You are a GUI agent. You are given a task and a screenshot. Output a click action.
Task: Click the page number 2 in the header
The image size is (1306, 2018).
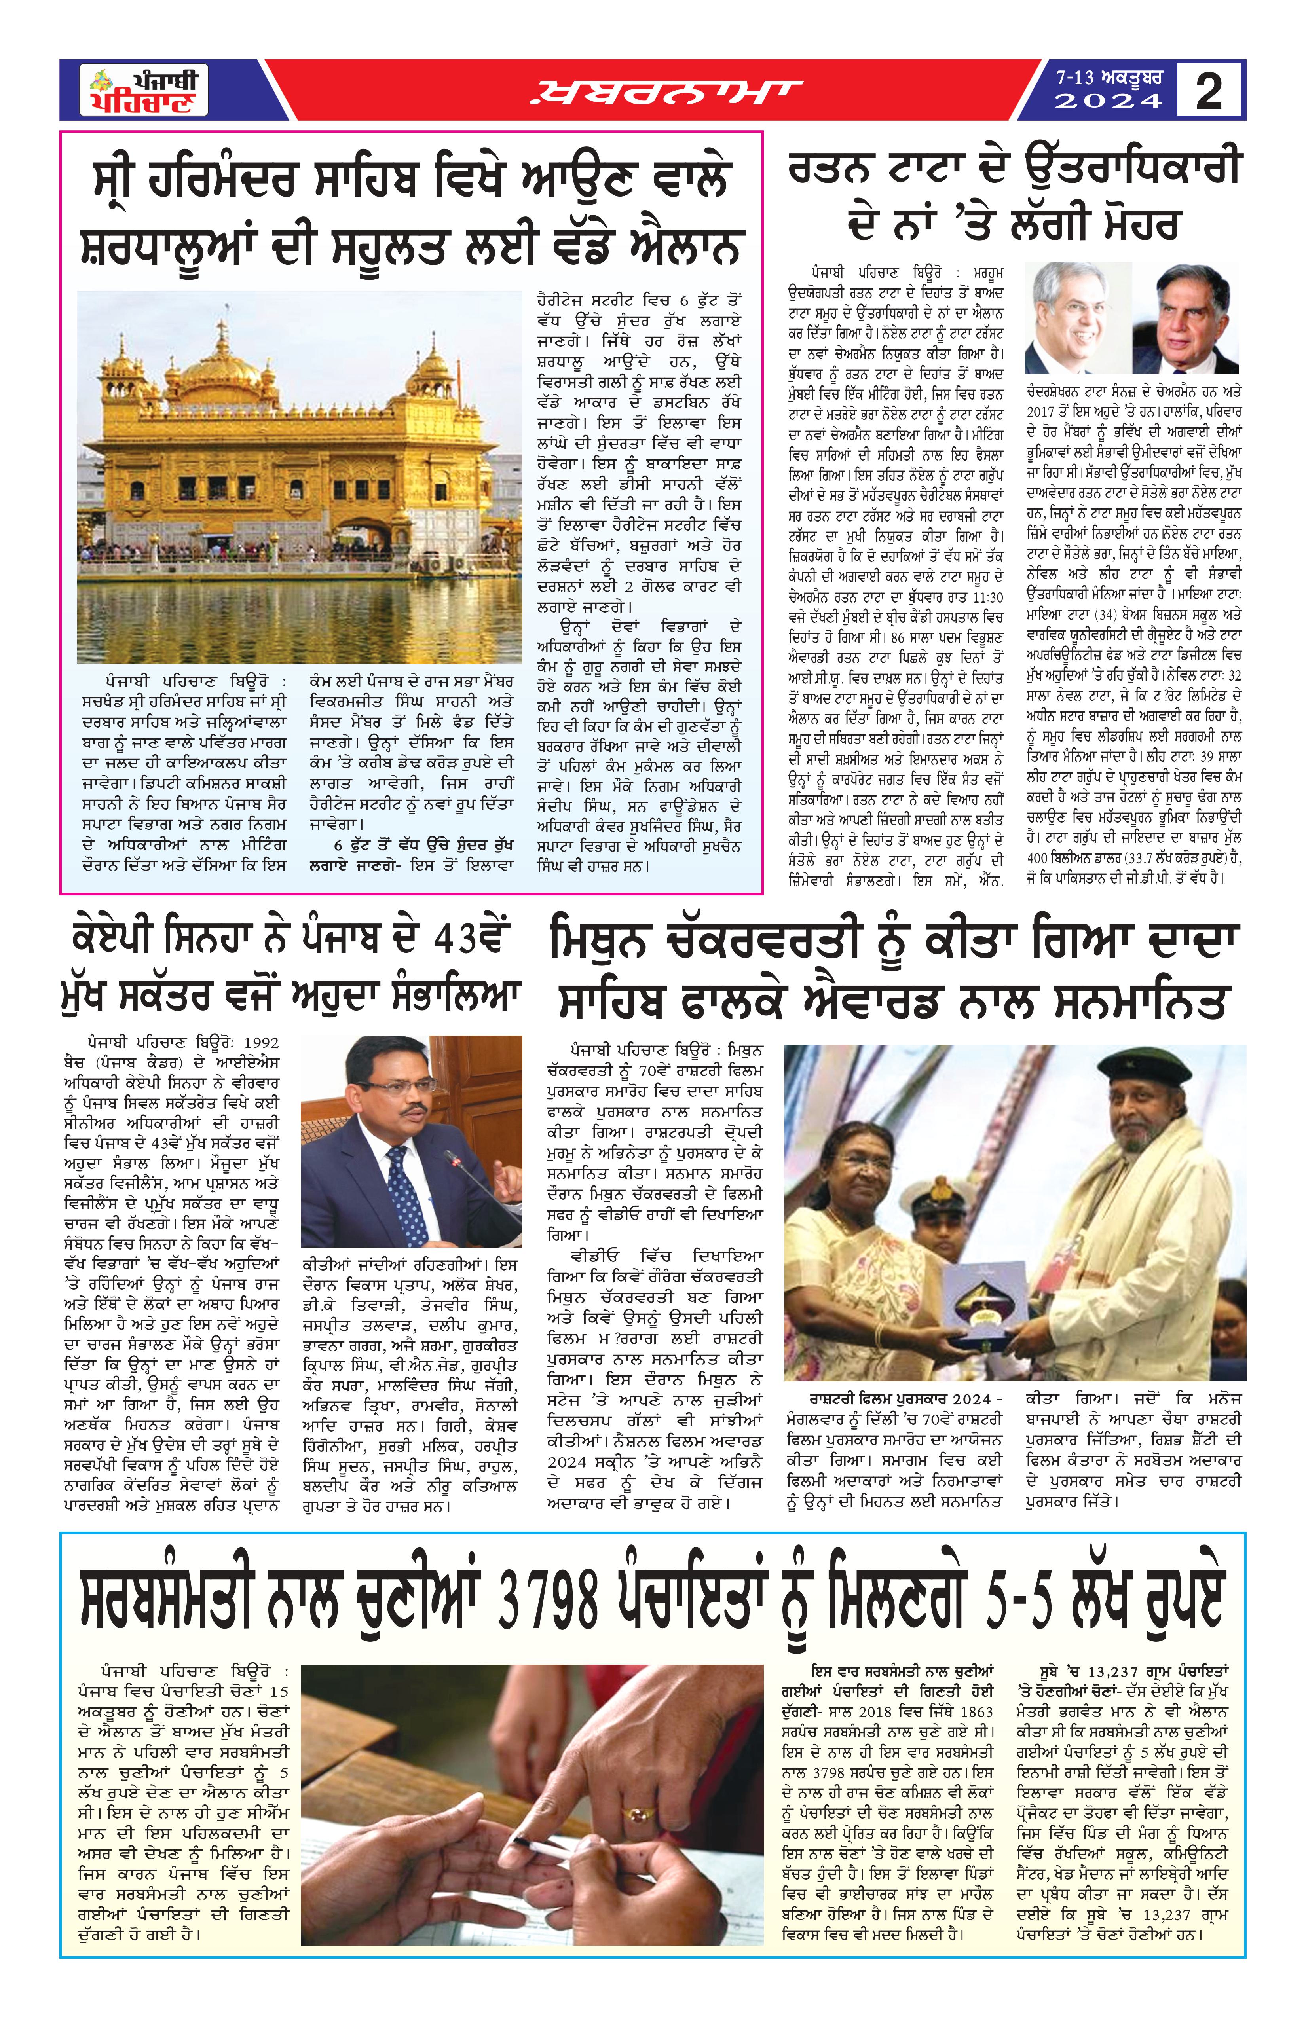pyautogui.click(x=1209, y=90)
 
